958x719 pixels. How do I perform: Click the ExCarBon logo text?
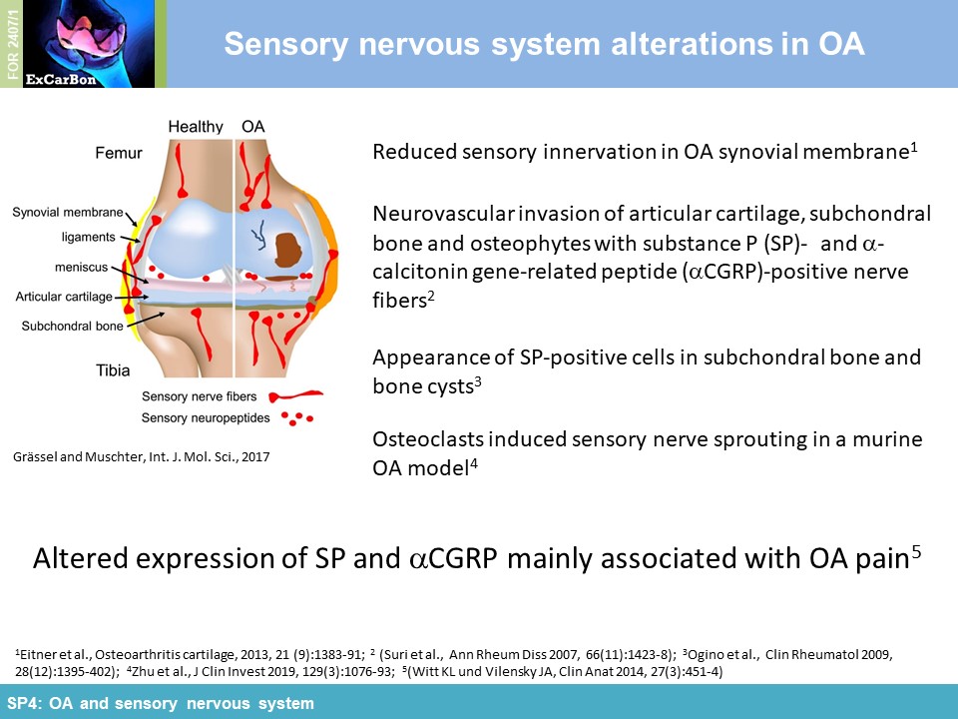pyautogui.click(x=61, y=80)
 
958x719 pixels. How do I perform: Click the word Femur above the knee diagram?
pyautogui.click(x=119, y=152)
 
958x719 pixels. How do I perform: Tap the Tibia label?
pyautogui.click(x=113, y=370)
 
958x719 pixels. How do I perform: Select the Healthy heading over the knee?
pyautogui.click(x=196, y=127)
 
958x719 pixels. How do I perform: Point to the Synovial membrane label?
pyautogui.click(x=68, y=212)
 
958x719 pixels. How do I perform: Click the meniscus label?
pyautogui.click(x=81, y=268)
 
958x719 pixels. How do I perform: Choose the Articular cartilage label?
pyautogui.click(x=64, y=297)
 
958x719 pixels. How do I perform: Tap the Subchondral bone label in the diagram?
pyautogui.click(x=72, y=326)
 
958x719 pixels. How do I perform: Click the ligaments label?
pyautogui.click(x=88, y=238)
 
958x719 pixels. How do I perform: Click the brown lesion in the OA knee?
pyautogui.click(x=289, y=250)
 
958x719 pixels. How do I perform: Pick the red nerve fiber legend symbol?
pyautogui.click(x=295, y=396)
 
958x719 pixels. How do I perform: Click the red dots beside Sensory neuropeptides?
pyautogui.click(x=297, y=418)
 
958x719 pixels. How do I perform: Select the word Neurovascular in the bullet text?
pyautogui.click(x=444, y=214)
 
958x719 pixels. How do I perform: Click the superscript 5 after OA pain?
pyautogui.click(x=916, y=551)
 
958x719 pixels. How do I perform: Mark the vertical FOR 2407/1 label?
pyautogui.click(x=13, y=45)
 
